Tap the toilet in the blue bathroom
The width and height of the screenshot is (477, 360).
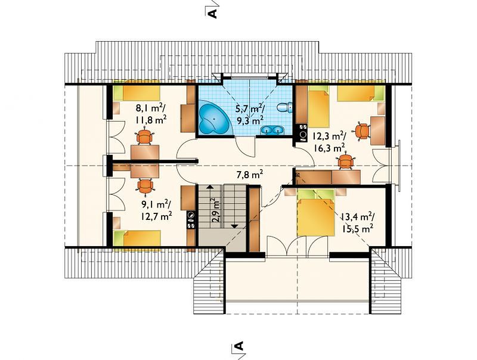[284, 107]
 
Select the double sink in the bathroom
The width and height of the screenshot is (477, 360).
[272, 130]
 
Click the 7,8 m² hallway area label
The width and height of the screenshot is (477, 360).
[249, 175]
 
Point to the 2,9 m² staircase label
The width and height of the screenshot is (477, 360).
[215, 211]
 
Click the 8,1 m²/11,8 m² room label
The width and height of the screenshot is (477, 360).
[151, 113]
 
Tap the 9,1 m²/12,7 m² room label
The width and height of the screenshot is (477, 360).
[156, 210]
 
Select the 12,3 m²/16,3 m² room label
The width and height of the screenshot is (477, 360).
[330, 141]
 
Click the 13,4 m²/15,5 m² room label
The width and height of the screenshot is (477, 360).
[357, 222]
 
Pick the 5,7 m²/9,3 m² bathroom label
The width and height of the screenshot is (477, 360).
[250, 114]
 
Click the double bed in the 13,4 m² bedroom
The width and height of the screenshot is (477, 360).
[316, 212]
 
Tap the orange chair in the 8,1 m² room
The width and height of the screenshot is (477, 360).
[144, 137]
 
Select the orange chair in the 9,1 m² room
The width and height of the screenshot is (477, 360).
[145, 186]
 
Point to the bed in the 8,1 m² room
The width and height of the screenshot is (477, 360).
[137, 93]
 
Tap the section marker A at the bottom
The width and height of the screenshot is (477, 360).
[240, 346]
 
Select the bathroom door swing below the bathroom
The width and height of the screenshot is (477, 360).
[244, 147]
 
